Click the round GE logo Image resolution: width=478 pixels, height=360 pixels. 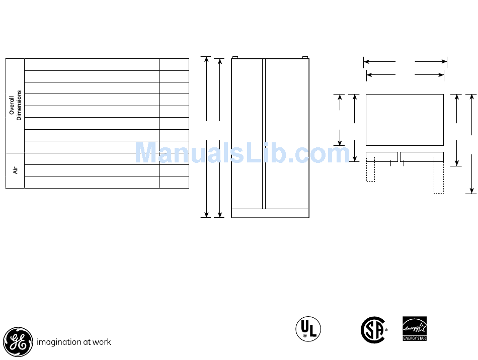coord(18,342)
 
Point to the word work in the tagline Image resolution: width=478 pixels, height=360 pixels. coord(102,342)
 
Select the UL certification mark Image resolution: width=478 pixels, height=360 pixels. coord(308,329)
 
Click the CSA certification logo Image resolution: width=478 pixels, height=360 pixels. coord(374,330)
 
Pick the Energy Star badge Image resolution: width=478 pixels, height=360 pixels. coord(415,329)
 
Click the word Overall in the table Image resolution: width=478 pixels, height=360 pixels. coord(12,106)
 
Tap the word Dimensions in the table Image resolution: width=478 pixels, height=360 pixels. coord(19,106)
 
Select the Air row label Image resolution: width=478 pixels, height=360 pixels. coord(15,170)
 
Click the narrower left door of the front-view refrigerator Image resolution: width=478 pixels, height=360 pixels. coord(247,134)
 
